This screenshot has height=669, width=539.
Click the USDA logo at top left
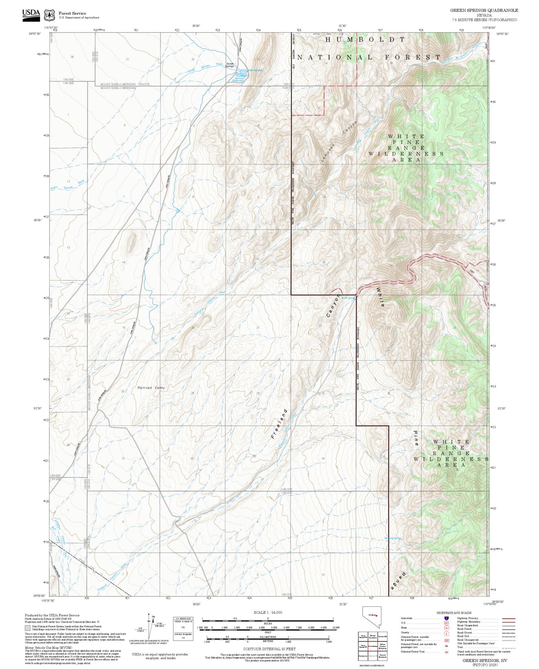(31, 15)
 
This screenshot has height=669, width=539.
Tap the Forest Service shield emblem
(49, 15)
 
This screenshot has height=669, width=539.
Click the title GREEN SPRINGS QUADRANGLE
(484, 10)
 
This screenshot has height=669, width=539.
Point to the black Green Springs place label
(230, 65)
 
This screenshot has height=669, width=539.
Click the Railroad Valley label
(151, 388)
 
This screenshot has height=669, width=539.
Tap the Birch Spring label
(348, 298)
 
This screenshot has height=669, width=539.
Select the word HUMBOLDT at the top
(365, 40)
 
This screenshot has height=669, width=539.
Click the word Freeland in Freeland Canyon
(280, 423)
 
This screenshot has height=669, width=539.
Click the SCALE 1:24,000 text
(268, 612)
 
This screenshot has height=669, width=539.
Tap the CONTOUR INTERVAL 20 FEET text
(269, 649)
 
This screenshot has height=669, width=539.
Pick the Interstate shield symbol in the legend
(446, 618)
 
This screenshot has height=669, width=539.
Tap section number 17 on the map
(193, 262)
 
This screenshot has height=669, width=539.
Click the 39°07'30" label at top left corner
(34, 34)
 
